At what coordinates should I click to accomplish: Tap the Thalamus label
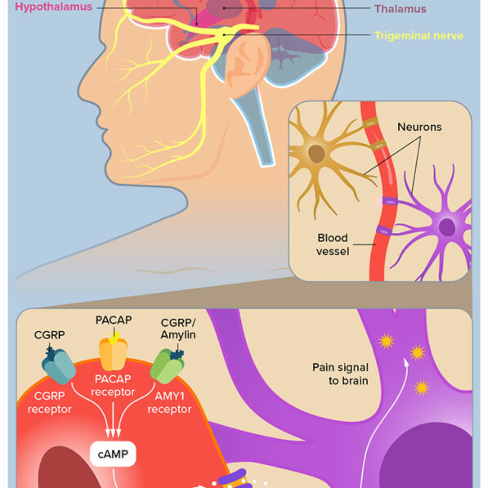coord(401,10)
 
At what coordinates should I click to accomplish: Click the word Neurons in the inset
coord(419,128)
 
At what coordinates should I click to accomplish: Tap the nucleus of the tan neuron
coord(317,153)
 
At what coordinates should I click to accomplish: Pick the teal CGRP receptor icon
coord(59,366)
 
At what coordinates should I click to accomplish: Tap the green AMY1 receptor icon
coord(168,365)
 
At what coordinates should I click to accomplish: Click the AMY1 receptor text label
coord(173,403)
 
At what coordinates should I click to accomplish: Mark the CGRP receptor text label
coord(50,403)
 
